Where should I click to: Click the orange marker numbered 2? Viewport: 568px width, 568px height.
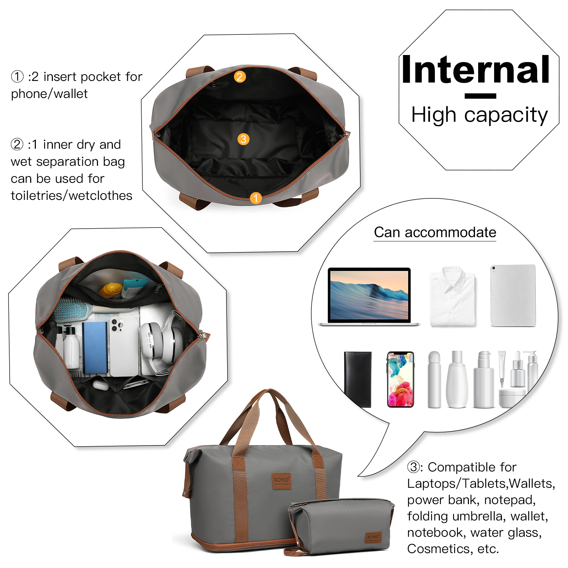coord(240,77)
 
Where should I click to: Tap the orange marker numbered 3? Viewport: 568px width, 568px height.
coord(244,139)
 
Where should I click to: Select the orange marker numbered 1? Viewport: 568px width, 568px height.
coord(256,198)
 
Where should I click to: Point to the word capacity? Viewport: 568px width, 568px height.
coord(506,116)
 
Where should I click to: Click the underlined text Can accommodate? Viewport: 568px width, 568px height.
coord(435,233)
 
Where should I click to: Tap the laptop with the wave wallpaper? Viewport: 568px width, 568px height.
coord(369,296)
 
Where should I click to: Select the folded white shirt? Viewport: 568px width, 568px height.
coord(452,296)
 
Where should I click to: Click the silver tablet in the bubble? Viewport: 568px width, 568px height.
coord(513,295)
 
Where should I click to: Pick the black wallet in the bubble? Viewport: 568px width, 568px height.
coord(358,379)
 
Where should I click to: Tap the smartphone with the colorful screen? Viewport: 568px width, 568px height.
coord(400,379)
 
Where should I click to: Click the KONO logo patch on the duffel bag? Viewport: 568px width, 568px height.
coord(282,481)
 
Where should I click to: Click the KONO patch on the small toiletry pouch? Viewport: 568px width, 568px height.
coord(373,537)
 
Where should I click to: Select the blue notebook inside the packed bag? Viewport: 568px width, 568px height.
coord(95,348)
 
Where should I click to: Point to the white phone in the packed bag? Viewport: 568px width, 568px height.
coord(124,346)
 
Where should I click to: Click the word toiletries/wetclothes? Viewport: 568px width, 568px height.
coord(71,196)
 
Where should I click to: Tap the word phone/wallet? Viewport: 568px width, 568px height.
coord(49,94)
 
